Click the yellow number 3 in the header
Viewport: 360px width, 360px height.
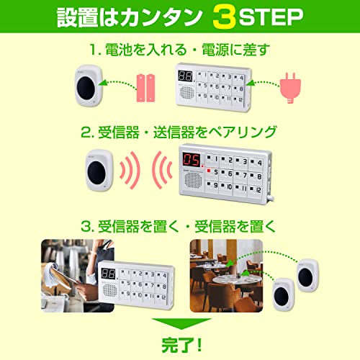pos(224,18)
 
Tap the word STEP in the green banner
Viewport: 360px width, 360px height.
pos(271,17)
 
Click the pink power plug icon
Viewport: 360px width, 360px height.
pos(290,88)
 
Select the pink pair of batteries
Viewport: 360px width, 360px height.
pos(145,88)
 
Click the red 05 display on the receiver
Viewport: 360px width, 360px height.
pos(192,160)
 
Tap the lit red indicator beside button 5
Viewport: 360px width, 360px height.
pos(209,171)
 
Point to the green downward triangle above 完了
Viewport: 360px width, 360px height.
pos(181,323)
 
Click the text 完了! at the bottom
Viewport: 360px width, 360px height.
pos(181,345)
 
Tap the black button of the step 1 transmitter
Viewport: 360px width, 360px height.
pos(86,88)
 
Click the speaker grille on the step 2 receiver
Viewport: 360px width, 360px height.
pos(193,180)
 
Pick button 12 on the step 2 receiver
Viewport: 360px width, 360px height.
pos(256,190)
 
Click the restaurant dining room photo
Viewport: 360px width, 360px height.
pos(226,276)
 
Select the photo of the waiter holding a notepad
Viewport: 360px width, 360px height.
pos(78,276)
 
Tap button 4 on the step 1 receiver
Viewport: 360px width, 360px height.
pos(239,78)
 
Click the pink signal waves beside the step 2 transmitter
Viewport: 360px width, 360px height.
pos(130,170)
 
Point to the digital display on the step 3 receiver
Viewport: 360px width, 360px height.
pos(108,274)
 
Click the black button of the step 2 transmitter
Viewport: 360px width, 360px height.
pos(96,173)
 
